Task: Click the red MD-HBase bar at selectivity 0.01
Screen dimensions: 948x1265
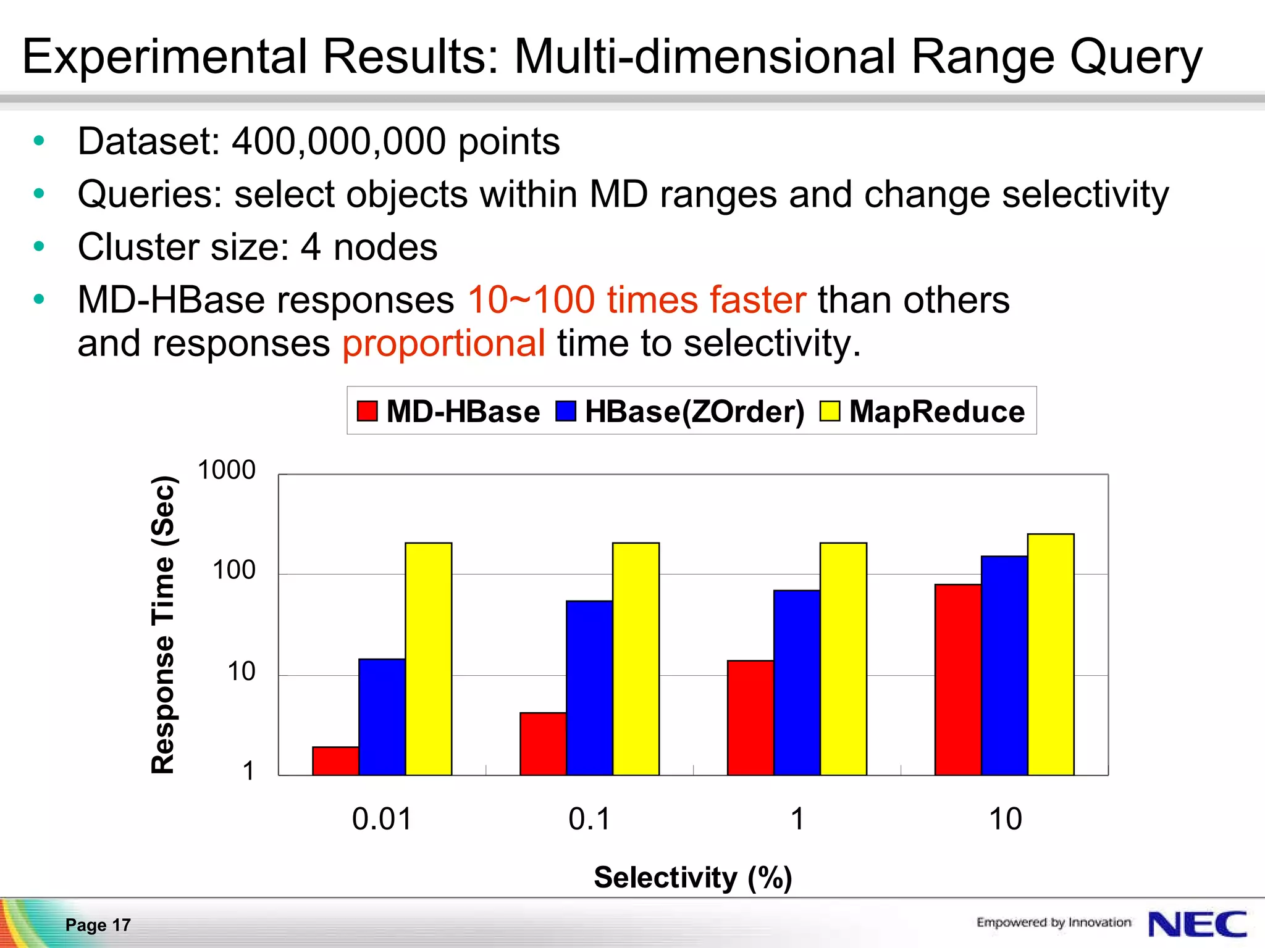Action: [x=335, y=761]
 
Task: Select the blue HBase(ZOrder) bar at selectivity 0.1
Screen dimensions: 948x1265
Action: [x=589, y=688]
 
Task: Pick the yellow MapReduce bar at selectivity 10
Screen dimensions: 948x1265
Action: [x=1051, y=654]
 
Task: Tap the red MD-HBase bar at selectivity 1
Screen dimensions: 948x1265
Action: [x=750, y=717]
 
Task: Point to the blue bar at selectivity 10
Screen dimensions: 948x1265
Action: [x=1004, y=665]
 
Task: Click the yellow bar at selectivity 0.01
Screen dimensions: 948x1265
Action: [x=428, y=659]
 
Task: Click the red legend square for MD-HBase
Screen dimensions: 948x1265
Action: [x=367, y=411]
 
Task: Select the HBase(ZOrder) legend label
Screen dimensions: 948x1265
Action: [x=694, y=411]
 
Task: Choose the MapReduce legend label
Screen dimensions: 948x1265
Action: [x=936, y=411]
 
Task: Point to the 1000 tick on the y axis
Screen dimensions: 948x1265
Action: [x=226, y=470]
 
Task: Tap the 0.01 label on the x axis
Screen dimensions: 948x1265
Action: [x=382, y=819]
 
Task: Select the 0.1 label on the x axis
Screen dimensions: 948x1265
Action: [x=589, y=819]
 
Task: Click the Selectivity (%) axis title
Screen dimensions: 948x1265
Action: [x=692, y=877]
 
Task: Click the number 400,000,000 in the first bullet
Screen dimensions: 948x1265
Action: [x=338, y=141]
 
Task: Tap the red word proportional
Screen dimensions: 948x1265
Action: [x=443, y=343]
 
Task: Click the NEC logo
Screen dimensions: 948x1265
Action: [x=1196, y=924]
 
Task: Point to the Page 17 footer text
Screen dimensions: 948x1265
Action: [x=98, y=925]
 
